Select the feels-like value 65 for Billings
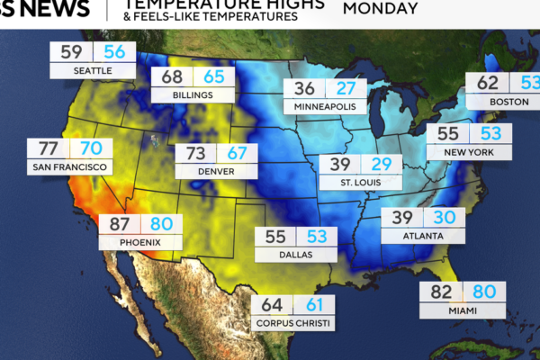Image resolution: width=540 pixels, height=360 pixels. pyautogui.click(x=213, y=77)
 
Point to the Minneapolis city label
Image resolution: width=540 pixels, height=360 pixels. pyautogui.click(x=325, y=107)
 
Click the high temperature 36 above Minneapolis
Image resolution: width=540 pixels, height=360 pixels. pyautogui.click(x=304, y=89)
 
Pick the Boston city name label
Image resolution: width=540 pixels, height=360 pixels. pyautogui.click(x=508, y=102)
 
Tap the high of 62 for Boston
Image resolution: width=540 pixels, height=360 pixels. pyautogui.click(x=487, y=84)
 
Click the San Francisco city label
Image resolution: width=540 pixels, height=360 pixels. pyautogui.click(x=70, y=167)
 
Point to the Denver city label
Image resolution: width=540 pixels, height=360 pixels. pyautogui.click(x=216, y=171)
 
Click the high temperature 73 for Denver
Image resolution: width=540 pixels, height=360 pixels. pyautogui.click(x=196, y=153)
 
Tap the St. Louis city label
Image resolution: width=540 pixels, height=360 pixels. pyautogui.click(x=360, y=183)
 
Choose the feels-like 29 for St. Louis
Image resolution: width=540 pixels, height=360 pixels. pyautogui.click(x=382, y=165)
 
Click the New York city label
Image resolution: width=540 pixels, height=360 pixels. pyautogui.click(x=468, y=152)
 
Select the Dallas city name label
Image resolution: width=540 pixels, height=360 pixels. pyautogui.click(x=295, y=255)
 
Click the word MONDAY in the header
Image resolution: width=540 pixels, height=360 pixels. pyautogui.click(x=381, y=9)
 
